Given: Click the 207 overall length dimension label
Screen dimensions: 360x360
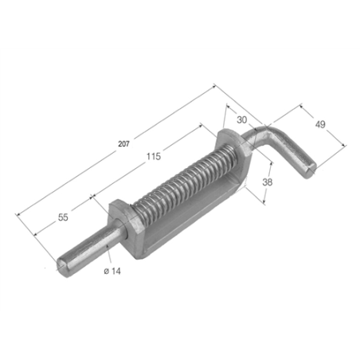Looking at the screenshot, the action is click(123, 144).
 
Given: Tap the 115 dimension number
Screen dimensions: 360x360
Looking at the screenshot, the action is click(154, 156).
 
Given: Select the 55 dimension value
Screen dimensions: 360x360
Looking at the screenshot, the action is click(63, 217).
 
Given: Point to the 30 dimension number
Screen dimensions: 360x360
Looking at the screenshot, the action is click(241, 120).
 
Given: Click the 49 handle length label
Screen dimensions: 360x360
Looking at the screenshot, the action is click(320, 124).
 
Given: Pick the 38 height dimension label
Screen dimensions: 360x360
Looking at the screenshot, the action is click(268, 182).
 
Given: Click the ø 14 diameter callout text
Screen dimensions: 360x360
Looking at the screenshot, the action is click(112, 271).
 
